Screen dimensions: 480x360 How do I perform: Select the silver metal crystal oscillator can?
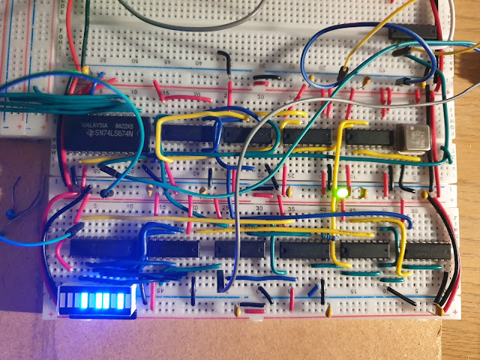[410, 139]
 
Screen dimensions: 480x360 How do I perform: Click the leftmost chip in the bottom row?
[105, 247]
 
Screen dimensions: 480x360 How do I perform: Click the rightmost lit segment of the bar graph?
[117, 301]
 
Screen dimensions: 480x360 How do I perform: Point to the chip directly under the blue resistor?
[310, 250]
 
